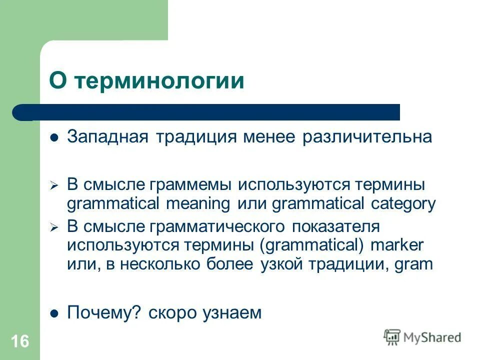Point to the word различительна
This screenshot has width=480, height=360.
[x=366, y=137]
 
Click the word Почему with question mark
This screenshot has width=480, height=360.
[x=104, y=313]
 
